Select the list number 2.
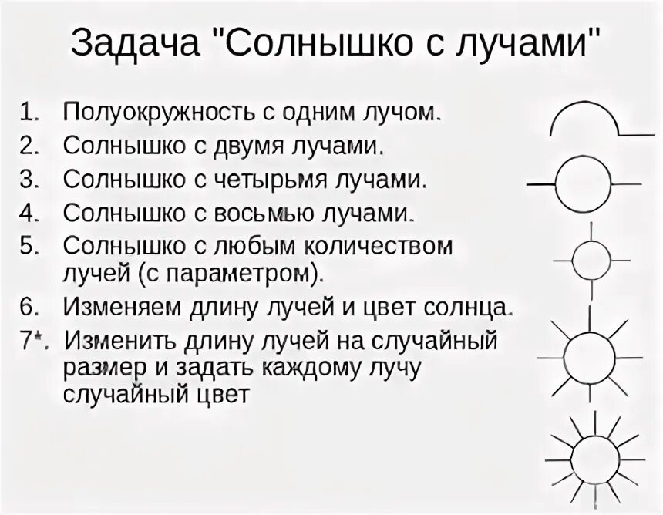click(x=29, y=146)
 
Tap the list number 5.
click(x=29, y=247)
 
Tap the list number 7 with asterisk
click(x=32, y=340)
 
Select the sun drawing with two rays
click(x=583, y=184)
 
